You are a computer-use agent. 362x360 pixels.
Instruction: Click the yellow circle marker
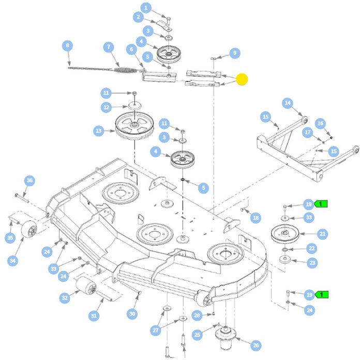coord(242,80)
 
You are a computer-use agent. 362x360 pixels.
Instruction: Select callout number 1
coord(146,8)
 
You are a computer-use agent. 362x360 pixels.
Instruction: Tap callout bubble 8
coord(67,46)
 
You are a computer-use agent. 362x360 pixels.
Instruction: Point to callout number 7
coord(108,47)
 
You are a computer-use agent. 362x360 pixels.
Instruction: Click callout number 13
coord(99,131)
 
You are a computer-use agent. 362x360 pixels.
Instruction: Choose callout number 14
coord(287,103)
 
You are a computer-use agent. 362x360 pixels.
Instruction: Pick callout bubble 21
coord(323,234)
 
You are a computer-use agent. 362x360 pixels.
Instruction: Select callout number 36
coord(29,180)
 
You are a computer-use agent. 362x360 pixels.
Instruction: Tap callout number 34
coord(13,261)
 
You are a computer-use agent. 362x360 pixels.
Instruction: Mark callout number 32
coord(65,298)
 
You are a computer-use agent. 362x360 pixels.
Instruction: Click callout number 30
coord(132,314)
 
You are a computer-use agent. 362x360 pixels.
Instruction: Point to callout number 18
coord(255,218)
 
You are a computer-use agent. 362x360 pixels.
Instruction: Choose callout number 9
coord(234,53)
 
